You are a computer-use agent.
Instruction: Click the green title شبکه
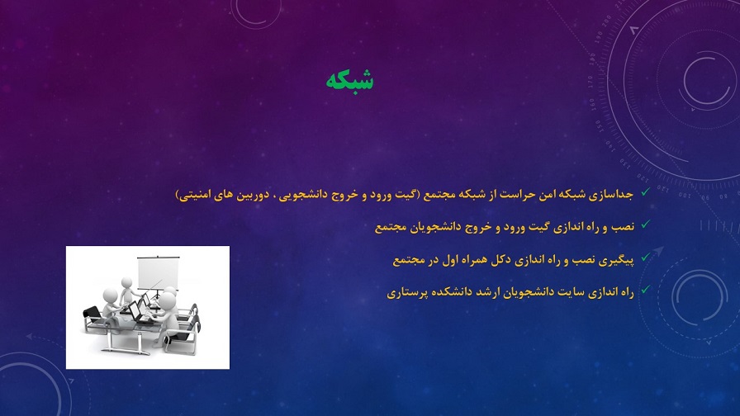pos(349,80)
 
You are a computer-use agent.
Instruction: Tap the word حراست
pos(503,194)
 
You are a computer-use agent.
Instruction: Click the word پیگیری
pos(617,260)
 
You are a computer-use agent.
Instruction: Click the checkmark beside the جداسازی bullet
pos(645,192)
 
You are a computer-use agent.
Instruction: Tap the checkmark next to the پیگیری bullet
pos(645,258)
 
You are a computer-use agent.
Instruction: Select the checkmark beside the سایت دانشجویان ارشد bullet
pos(645,290)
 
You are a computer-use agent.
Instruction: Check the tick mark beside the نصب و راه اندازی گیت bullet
pos(645,225)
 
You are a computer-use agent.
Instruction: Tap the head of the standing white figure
pos(126,283)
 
